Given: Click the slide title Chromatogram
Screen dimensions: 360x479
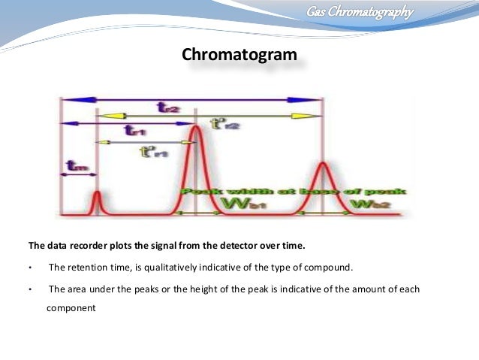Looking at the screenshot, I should pos(239,55).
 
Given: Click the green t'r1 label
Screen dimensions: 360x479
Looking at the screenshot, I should pos(154,152).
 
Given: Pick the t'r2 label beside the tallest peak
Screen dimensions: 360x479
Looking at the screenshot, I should pos(224,124).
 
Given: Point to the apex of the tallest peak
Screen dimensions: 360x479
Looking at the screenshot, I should pos(196,127).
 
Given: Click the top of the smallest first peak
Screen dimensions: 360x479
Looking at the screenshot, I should pos(97,193).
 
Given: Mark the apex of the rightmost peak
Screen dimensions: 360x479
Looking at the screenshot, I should pos(323,163).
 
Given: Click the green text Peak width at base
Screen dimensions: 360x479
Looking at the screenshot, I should pos(293,192).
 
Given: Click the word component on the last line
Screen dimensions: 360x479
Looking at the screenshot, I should pos(72,307).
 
